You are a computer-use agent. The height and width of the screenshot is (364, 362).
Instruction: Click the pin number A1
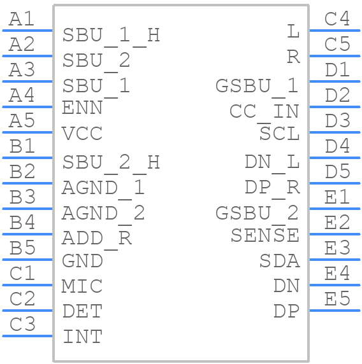(x=22, y=19)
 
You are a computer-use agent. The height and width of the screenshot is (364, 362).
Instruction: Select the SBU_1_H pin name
(x=111, y=36)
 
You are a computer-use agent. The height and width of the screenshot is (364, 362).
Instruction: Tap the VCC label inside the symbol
(x=82, y=134)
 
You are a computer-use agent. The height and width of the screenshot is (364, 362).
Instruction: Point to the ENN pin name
(x=82, y=108)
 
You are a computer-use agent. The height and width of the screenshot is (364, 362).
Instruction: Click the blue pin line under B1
(x=27, y=158)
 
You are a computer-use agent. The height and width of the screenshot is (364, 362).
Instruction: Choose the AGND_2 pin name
(x=103, y=214)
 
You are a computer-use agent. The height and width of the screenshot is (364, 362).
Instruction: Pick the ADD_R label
(x=97, y=239)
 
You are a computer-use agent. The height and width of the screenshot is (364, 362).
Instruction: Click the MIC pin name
(x=82, y=286)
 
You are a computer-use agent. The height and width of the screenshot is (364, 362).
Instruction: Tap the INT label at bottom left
(x=83, y=337)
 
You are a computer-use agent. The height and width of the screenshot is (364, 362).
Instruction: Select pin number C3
(x=22, y=324)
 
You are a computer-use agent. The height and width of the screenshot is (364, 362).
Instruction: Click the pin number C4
(x=337, y=18)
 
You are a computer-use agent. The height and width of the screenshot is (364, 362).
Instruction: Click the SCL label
(x=279, y=134)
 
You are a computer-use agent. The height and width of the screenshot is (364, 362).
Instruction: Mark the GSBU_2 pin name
(x=257, y=214)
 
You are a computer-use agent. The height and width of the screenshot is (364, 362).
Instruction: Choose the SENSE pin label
(x=265, y=235)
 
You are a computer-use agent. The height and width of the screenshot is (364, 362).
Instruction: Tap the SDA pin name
(x=279, y=261)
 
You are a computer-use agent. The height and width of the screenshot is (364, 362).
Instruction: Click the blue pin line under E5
(x=335, y=311)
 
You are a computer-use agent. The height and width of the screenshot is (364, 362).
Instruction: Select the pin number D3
(x=337, y=120)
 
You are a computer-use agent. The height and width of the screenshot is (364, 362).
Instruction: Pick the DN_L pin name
(x=272, y=163)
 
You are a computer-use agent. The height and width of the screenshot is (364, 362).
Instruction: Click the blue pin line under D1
(x=335, y=81)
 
